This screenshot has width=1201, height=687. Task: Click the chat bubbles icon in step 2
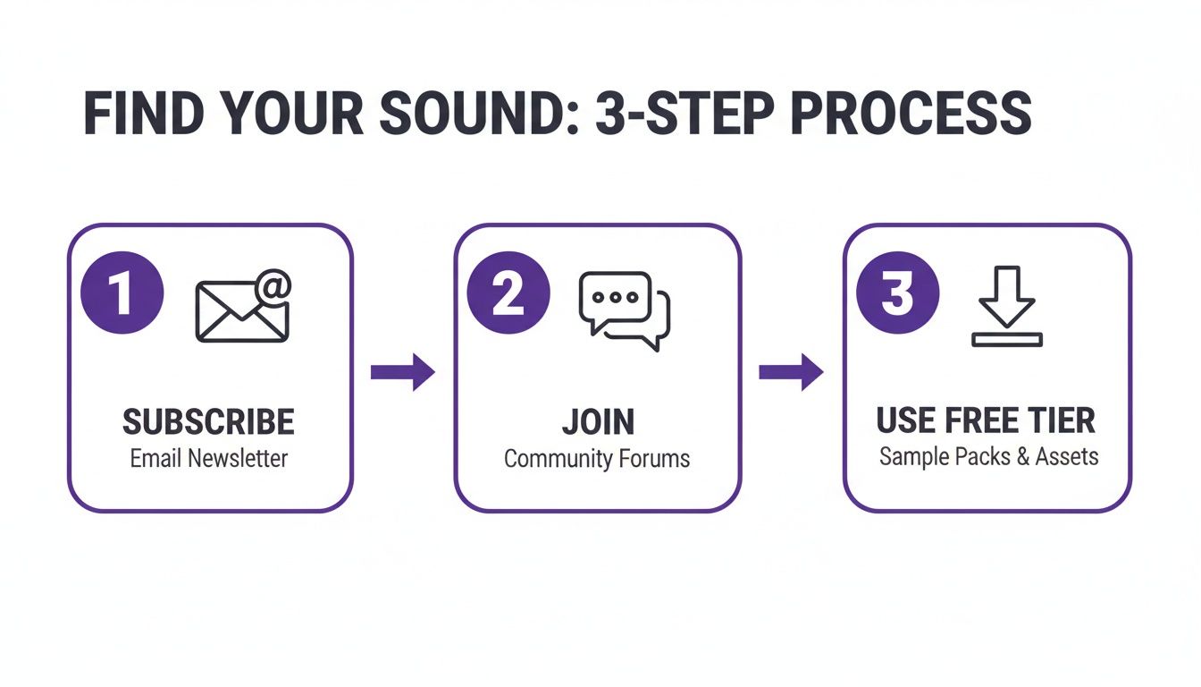[x=625, y=310]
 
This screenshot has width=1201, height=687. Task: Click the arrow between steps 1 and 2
[x=402, y=372]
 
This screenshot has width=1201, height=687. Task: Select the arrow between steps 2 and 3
[x=791, y=372]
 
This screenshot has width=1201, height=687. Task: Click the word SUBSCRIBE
[x=208, y=421]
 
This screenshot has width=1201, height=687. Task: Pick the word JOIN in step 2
[x=598, y=421]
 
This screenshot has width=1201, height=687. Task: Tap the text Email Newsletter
[x=208, y=459]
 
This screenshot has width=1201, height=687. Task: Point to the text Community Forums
[x=597, y=460]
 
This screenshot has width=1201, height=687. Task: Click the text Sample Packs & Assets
[x=988, y=456]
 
